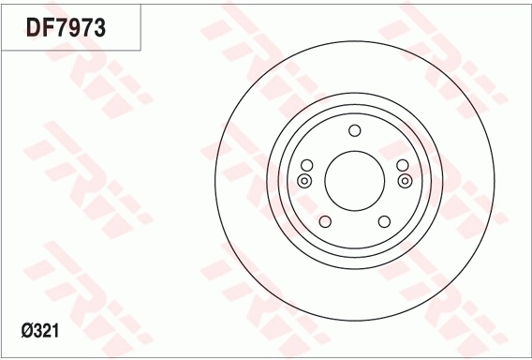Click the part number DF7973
[66, 28]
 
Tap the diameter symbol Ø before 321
[27, 330]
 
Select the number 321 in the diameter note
[48, 330]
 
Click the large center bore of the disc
[354, 179]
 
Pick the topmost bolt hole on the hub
[354, 131]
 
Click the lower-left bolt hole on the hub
[325, 221]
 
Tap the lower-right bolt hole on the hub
[384, 221]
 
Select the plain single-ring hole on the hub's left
[306, 166]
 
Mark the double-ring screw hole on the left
[304, 180]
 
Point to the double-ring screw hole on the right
[405, 180]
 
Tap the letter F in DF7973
[49, 28]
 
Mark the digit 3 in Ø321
[39, 330]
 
